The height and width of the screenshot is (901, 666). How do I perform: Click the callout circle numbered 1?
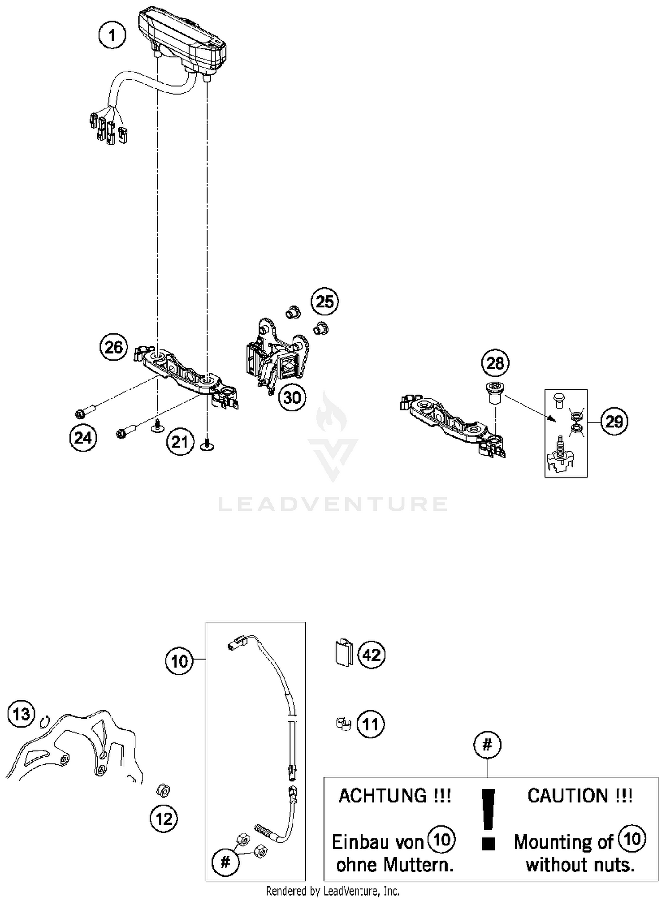point(112,35)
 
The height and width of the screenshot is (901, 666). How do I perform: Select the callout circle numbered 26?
point(114,347)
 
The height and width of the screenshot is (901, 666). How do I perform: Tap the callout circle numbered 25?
point(325,302)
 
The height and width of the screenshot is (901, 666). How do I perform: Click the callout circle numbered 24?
point(83,438)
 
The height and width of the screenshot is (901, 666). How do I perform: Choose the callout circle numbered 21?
point(180,442)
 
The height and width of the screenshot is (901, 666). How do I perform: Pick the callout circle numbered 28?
point(495,363)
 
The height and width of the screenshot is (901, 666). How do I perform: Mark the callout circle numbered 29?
point(614,421)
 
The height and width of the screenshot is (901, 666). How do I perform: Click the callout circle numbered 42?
point(372,655)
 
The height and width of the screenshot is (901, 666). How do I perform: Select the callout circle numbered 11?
point(370,725)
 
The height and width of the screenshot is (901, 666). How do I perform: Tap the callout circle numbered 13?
point(21,714)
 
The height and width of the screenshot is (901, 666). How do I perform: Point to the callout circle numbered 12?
point(164,818)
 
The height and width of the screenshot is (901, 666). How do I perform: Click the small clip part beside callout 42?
point(343,654)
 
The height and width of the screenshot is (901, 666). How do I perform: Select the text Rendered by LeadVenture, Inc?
point(333,891)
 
